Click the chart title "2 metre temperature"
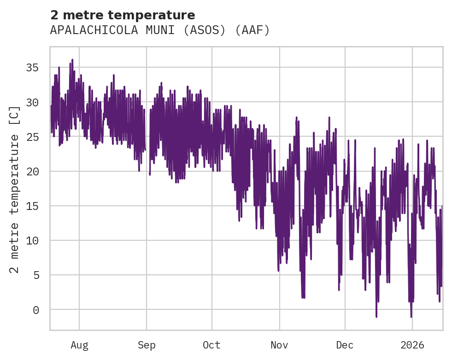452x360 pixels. pos(123,15)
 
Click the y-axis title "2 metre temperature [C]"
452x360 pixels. pos(15,189)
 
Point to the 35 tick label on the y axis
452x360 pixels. pos(32,68)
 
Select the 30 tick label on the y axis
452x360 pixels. pos(32,102)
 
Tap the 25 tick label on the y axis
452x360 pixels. pos(32,137)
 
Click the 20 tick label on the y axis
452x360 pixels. pos(32,171)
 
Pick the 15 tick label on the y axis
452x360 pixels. pos(32,206)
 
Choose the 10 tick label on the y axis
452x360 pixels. pos(32,240)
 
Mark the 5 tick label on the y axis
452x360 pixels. pos(35,275)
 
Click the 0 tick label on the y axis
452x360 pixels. pos(35,310)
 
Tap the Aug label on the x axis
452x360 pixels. pos(79,345)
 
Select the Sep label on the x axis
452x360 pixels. pos(147,345)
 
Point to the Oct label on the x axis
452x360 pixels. pos(212,345)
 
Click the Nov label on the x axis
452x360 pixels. pos(279,345)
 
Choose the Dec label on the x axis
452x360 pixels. pos(345,345)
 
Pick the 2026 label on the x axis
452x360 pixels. pos(412,345)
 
